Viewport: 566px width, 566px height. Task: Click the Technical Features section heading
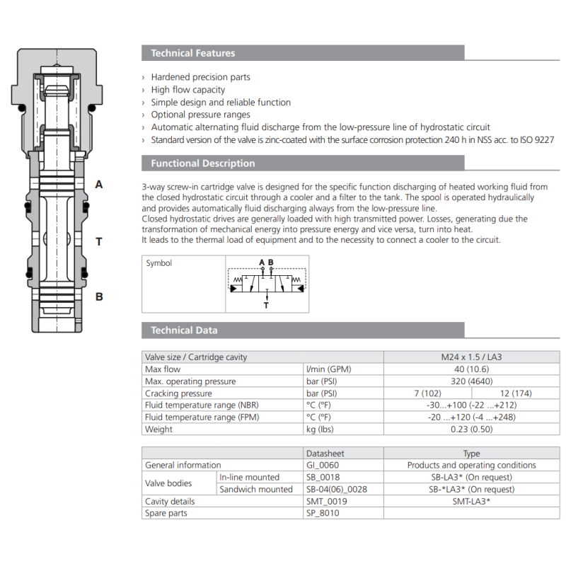(192, 53)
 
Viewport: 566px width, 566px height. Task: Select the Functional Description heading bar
(202, 163)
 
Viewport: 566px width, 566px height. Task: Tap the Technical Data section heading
(184, 330)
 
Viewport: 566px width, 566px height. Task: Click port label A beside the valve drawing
(99, 185)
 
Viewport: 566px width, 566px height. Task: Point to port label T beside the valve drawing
(99, 242)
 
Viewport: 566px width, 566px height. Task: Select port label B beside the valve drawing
(99, 296)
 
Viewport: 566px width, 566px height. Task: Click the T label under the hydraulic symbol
(266, 306)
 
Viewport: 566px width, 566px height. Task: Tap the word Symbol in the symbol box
(159, 263)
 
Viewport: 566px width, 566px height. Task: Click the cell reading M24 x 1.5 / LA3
(471, 357)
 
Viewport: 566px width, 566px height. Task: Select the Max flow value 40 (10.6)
(471, 369)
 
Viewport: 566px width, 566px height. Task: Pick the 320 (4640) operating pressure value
(471, 381)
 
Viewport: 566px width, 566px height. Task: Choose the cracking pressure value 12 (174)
(515, 393)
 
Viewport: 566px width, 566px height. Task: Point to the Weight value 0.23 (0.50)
(471, 429)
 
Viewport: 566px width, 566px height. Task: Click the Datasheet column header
(325, 454)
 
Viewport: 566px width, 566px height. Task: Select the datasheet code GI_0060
(323, 466)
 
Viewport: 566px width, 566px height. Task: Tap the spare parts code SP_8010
(323, 514)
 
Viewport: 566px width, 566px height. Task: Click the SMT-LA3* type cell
(471, 502)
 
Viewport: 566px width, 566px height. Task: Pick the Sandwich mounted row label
(255, 490)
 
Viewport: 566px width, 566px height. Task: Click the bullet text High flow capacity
(188, 90)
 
